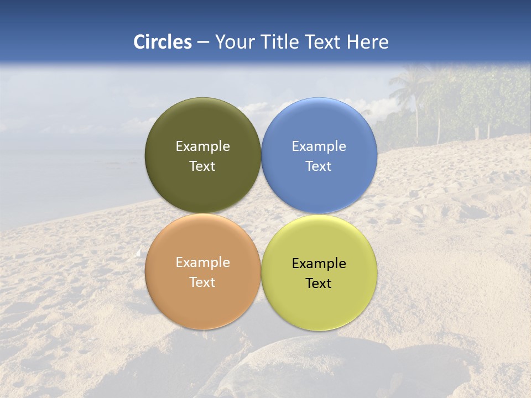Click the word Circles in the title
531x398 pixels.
coord(163,42)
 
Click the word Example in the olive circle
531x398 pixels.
coord(202,146)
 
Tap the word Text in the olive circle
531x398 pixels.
coord(202,166)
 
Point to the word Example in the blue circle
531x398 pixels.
coord(319,146)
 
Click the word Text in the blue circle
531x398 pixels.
coord(319,166)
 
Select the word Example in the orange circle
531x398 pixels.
coord(202,263)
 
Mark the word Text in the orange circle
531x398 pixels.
coord(202,282)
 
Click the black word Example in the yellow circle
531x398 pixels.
coord(319,264)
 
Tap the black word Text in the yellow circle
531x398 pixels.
coord(319,284)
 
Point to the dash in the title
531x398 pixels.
coord(203,43)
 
